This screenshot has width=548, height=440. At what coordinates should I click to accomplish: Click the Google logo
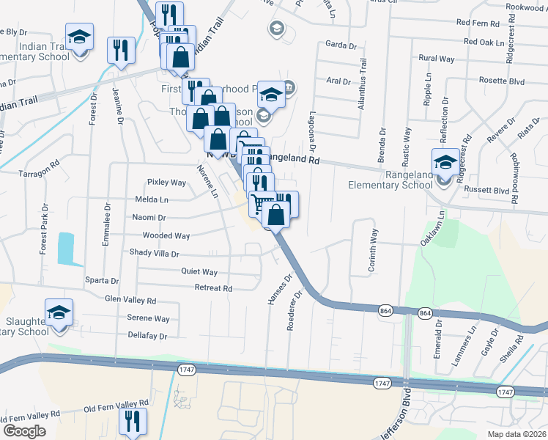(24, 431)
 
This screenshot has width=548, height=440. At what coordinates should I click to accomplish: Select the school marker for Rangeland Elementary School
(445, 163)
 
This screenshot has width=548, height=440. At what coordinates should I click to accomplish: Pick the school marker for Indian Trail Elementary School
(79, 37)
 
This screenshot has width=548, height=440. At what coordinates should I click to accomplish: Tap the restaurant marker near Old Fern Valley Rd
(133, 421)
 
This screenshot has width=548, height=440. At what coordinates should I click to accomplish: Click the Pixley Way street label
(166, 183)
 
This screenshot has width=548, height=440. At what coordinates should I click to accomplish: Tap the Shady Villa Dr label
(154, 254)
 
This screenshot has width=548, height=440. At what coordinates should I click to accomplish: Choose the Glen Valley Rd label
(130, 301)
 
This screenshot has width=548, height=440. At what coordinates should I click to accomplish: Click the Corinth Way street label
(373, 251)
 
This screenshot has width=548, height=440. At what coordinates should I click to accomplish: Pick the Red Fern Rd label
(477, 23)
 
